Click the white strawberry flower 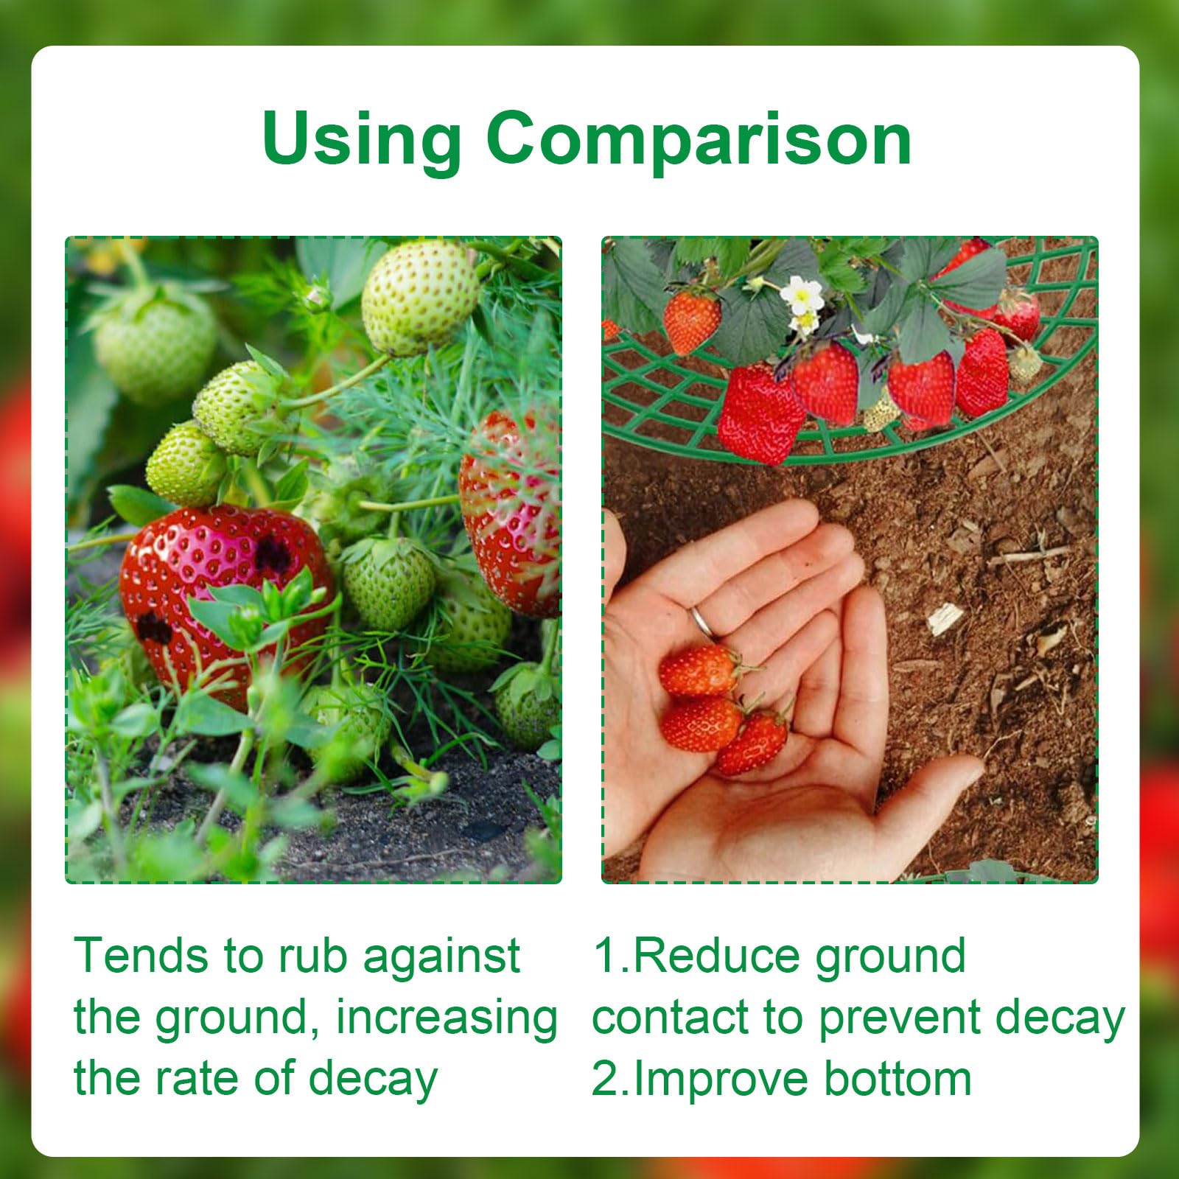(802, 296)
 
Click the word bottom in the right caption (898, 1079)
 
